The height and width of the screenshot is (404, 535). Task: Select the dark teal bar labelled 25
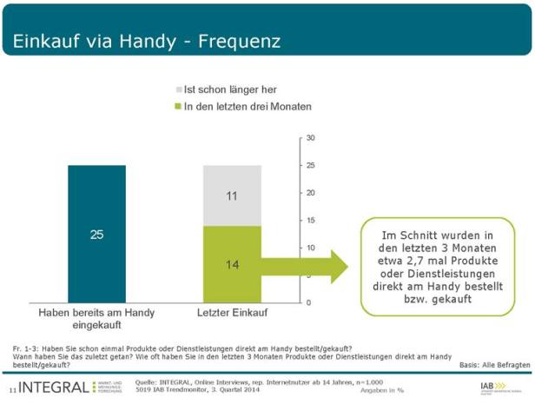97,234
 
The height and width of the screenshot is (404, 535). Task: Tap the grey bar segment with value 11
232,195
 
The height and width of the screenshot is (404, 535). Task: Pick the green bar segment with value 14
232,264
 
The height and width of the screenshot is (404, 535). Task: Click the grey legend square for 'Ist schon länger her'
179,89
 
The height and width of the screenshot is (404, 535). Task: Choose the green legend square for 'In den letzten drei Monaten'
179,106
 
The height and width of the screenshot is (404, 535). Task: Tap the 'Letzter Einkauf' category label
232,311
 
